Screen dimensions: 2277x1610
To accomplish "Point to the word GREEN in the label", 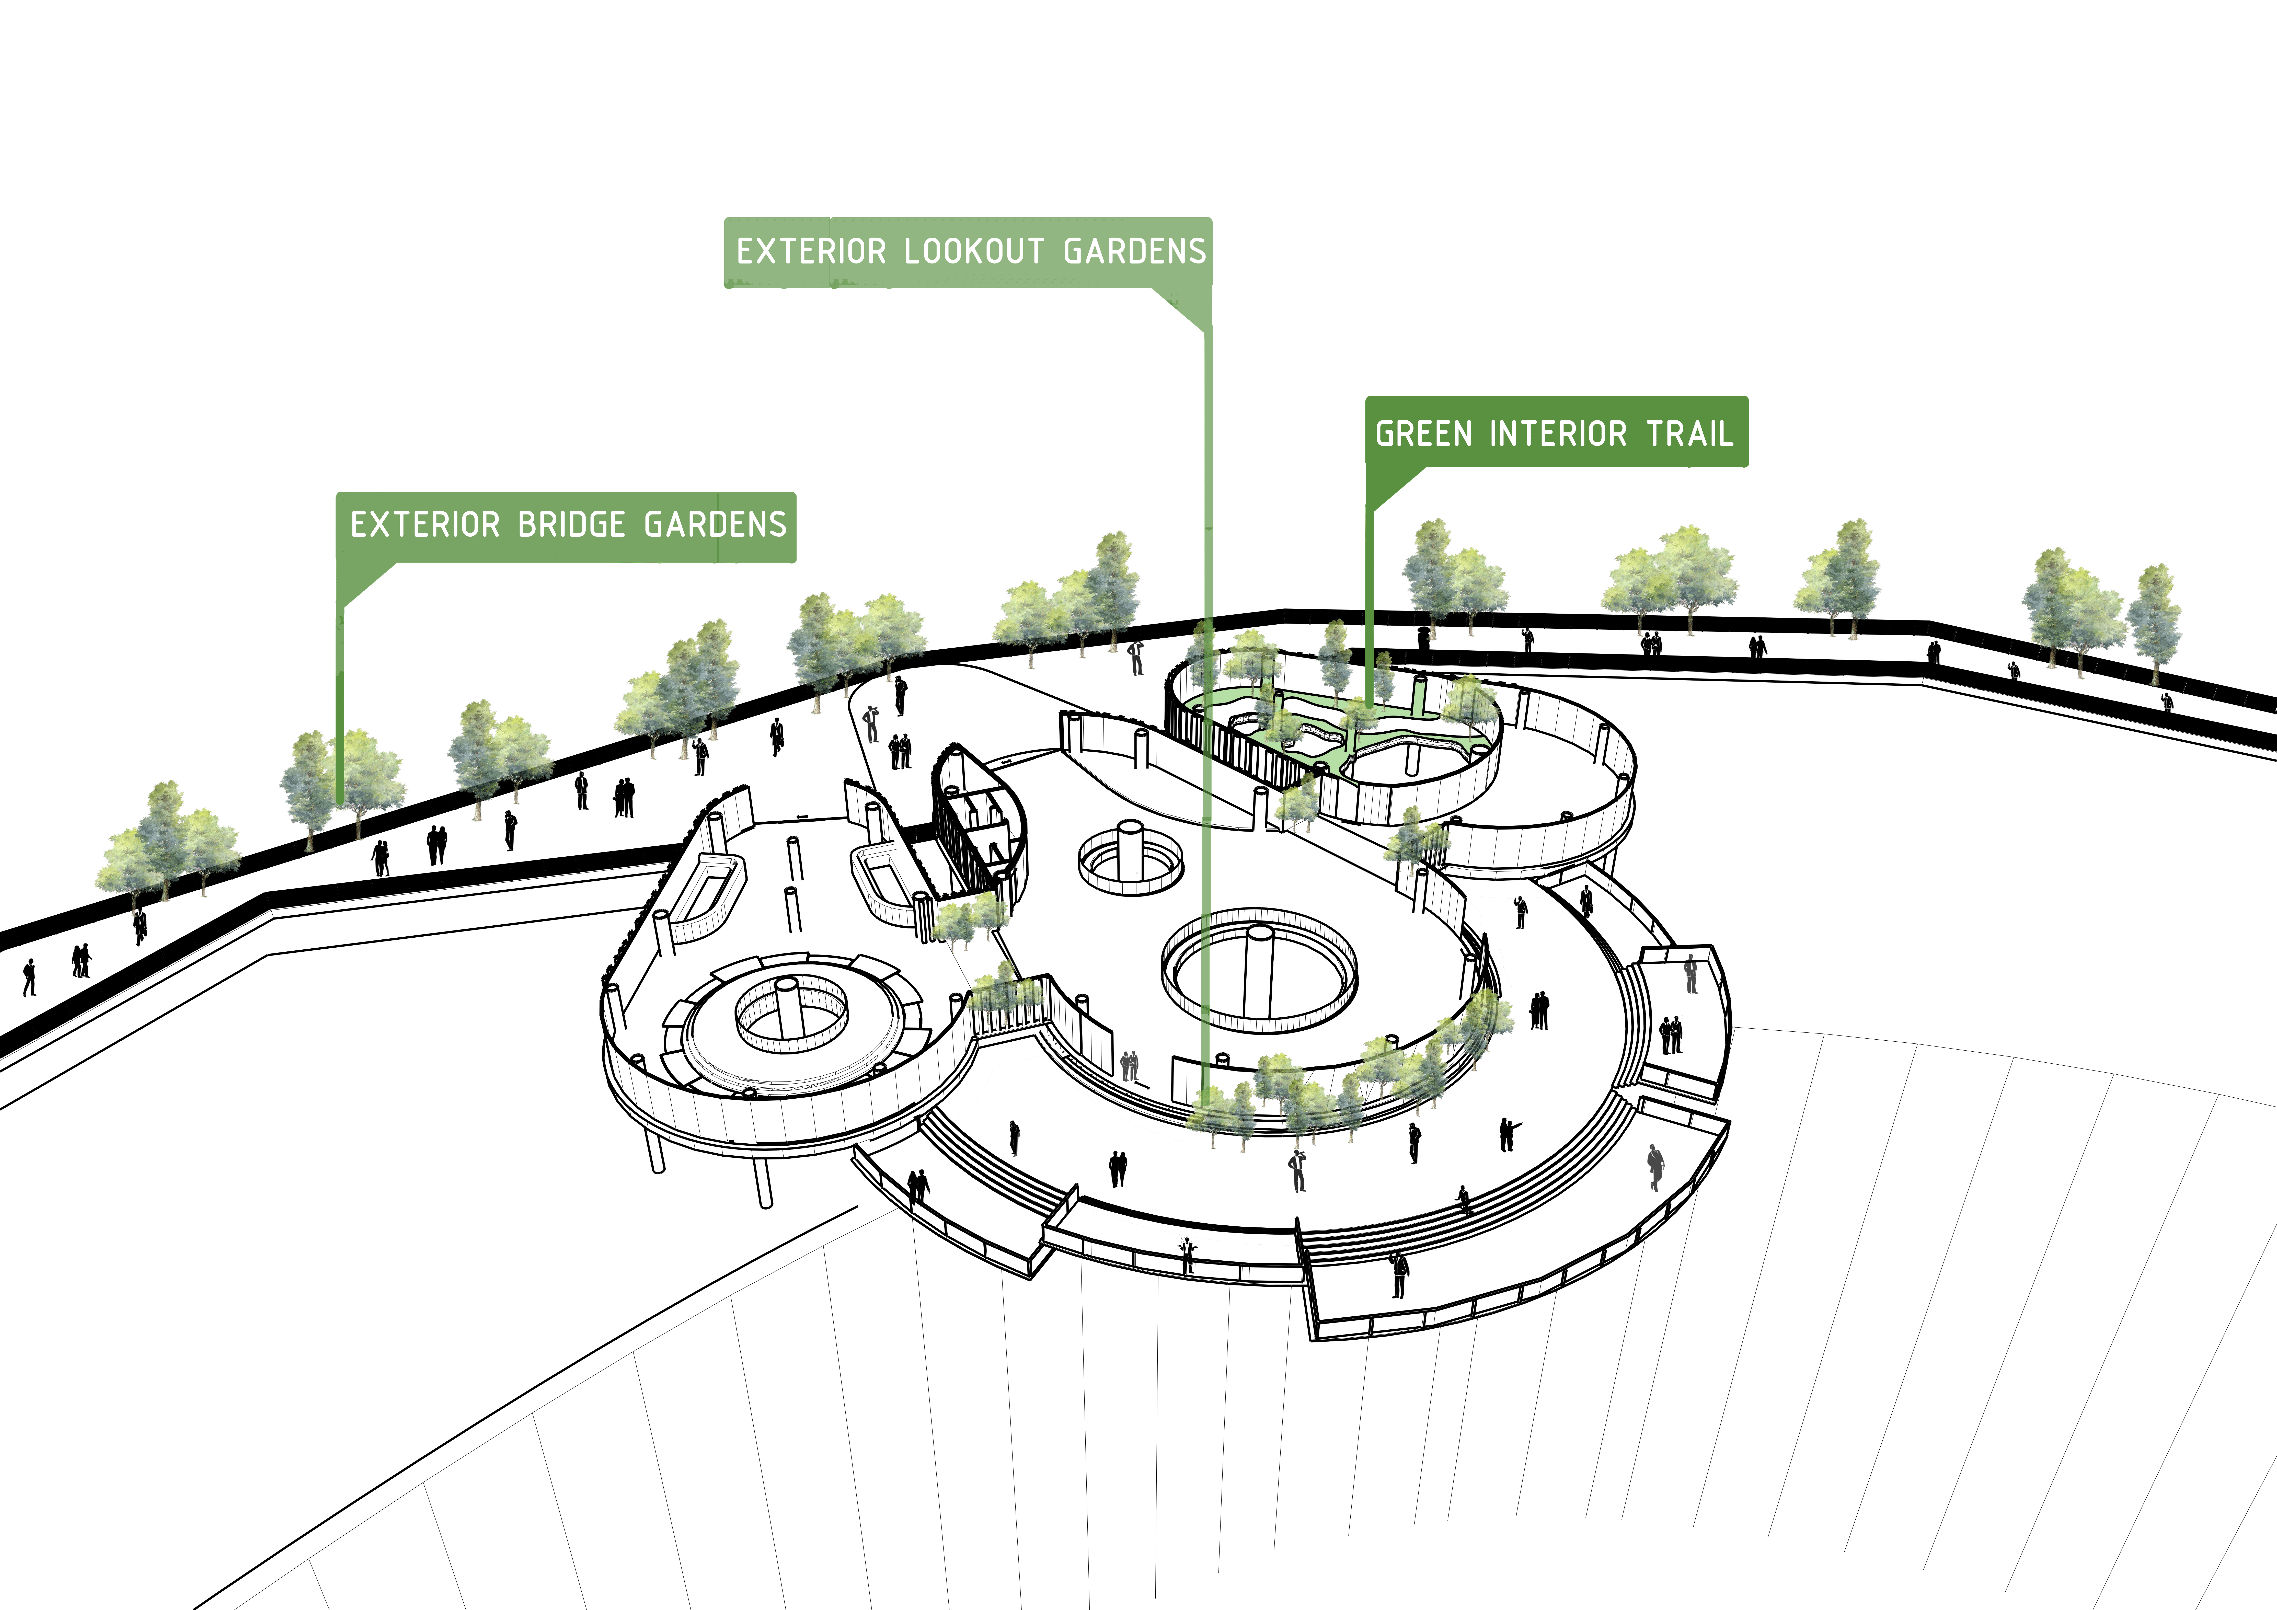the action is pyautogui.click(x=1423, y=433).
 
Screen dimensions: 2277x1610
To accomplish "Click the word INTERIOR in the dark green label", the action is pyautogui.click(x=1558, y=433).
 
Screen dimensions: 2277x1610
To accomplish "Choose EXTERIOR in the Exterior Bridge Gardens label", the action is pyautogui.click(x=425, y=525).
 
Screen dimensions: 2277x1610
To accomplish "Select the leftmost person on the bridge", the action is pyautogui.click(x=29, y=977).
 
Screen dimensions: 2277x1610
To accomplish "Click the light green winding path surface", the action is pyautogui.click(x=1339, y=734).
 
